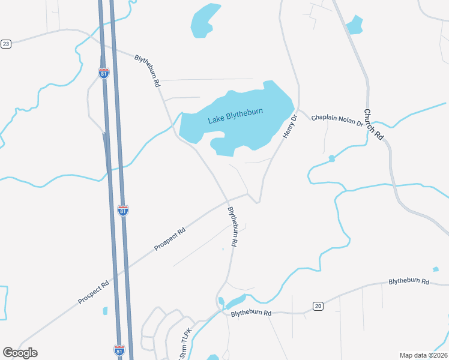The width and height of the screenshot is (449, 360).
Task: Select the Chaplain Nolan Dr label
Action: click(x=337, y=120)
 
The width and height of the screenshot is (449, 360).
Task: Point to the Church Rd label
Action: click(x=373, y=124)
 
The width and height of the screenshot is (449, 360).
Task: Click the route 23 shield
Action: click(x=6, y=44)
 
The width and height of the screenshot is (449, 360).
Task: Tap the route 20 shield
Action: click(x=318, y=306)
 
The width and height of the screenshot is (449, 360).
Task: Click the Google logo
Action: click(x=20, y=353)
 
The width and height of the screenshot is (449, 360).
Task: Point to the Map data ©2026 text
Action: click(x=423, y=355)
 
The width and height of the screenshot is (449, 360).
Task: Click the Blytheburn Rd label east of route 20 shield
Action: click(x=409, y=281)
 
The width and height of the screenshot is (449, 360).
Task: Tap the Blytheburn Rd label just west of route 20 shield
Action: click(x=252, y=313)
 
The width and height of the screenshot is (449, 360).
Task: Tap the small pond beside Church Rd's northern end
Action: click(x=355, y=25)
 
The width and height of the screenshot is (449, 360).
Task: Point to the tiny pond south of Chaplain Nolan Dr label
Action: click(x=331, y=159)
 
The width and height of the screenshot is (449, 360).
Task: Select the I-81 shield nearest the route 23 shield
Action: click(x=104, y=73)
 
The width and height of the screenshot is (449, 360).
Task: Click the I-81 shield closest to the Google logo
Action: click(x=119, y=349)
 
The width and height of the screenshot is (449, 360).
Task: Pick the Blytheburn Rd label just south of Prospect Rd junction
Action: click(x=233, y=226)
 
